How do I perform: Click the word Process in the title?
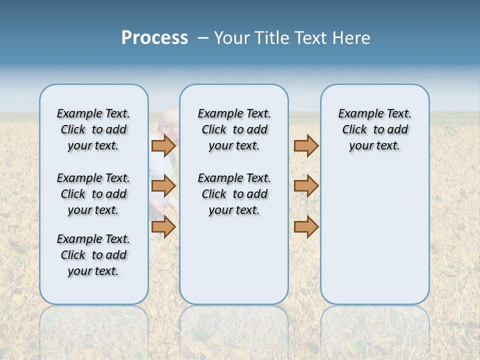pos(154,38)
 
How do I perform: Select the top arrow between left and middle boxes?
pos(163,145)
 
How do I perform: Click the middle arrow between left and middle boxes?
pos(163,186)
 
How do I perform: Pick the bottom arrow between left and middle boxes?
pos(163,227)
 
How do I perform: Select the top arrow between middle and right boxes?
pos(306,145)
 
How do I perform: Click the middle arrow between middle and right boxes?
pos(306,186)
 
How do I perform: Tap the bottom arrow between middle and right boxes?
pos(306,227)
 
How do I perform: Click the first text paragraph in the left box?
pos(93,129)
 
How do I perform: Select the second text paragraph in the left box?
pos(93,194)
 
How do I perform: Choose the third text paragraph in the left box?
pos(93,255)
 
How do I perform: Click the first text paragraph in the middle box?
pos(234,129)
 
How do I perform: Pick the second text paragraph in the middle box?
pos(234,194)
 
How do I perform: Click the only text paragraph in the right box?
pos(374,129)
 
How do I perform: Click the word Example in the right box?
pos(357,113)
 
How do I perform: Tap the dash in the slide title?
pos(203,38)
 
